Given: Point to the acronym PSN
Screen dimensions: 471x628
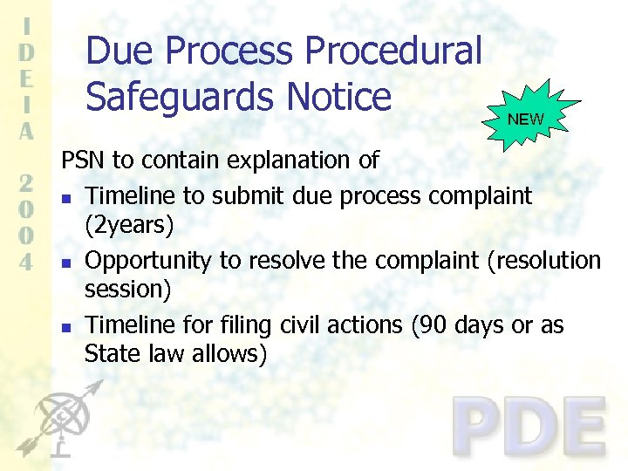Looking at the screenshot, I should point(81,160).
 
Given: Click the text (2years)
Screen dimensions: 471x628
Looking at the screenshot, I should point(129,225).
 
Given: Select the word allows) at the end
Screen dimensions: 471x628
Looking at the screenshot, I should point(228,355).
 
